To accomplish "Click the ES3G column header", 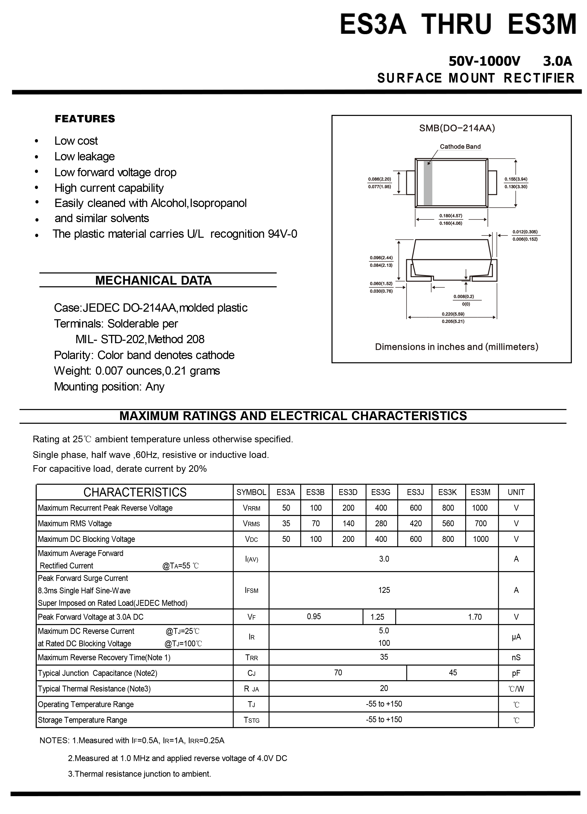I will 380,492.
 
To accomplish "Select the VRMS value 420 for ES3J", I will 415,523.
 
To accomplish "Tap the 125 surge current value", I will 384,590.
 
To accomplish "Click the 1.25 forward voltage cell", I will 377,617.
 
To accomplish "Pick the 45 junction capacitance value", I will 453,672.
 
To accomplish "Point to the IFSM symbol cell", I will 251,590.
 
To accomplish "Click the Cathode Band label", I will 460,146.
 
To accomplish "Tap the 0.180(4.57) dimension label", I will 451,216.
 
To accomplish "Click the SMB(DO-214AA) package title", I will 457,128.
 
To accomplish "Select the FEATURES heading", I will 85,119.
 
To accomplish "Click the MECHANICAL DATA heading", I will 153,280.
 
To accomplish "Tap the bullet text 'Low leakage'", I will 84,156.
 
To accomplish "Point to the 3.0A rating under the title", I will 557,61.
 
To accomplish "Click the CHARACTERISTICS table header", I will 135,492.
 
